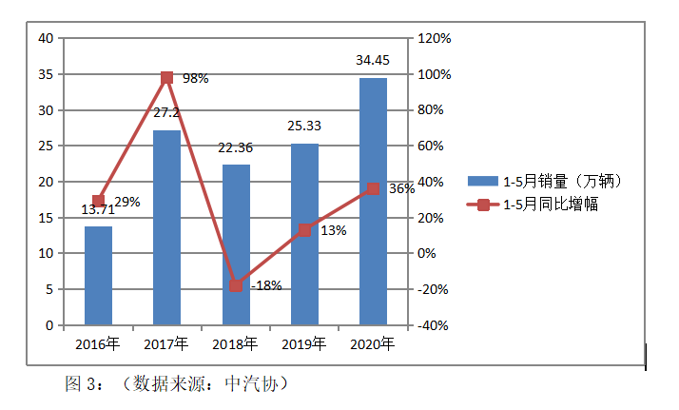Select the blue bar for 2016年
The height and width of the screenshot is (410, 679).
point(98,276)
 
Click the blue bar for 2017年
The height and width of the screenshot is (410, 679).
point(166,228)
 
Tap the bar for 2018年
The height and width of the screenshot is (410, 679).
point(236,244)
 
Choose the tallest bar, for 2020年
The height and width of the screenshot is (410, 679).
point(373,202)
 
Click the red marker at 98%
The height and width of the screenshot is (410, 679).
point(166,78)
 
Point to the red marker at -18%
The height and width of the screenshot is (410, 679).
point(236,285)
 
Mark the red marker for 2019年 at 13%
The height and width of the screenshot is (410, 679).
point(304,230)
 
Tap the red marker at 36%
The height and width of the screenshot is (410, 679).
point(373,188)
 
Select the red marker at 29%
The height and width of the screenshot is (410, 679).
point(98,202)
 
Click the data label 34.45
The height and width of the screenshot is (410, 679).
point(372,60)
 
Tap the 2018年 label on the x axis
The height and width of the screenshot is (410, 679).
point(235,343)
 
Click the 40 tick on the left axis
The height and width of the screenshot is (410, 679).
point(45,38)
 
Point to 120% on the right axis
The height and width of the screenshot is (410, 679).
point(433,38)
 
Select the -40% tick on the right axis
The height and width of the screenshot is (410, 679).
point(433,325)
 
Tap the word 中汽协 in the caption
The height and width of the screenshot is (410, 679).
point(250,384)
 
